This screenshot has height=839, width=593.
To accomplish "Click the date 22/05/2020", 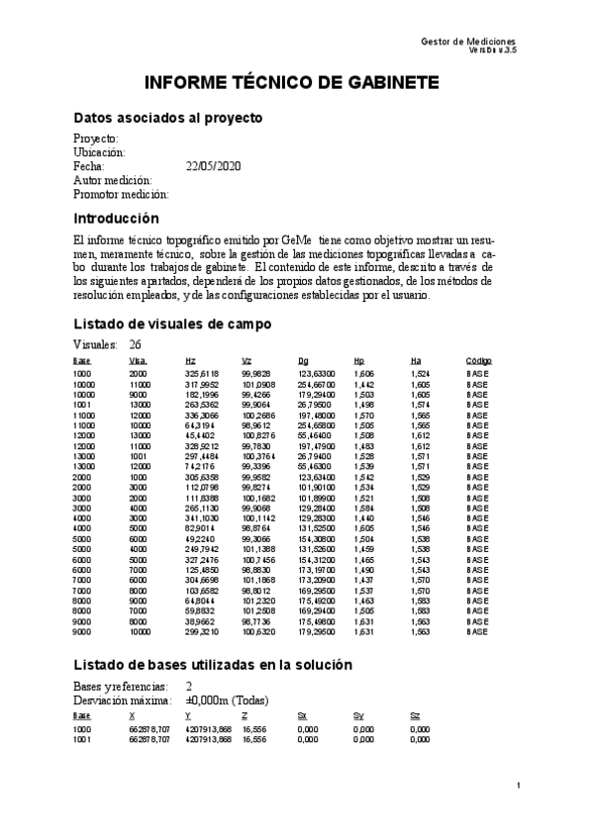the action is pos(213,166).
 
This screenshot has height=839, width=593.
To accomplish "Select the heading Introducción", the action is pos(116,218).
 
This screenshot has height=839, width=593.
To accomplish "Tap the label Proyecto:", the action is pos(96,139).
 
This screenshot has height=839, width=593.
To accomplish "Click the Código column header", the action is pos(479,360).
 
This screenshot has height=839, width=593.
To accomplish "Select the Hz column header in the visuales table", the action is pos(190,360).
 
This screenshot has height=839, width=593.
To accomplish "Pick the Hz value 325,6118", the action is pos(202,374).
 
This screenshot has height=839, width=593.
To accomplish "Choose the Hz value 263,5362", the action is pos(202,405).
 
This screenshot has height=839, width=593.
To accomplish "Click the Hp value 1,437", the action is pos(364,580).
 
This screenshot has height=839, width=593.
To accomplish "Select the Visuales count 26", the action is pos(136,344).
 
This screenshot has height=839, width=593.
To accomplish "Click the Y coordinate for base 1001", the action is pos(208,738).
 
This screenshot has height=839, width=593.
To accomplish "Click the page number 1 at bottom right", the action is pos(518,785).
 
